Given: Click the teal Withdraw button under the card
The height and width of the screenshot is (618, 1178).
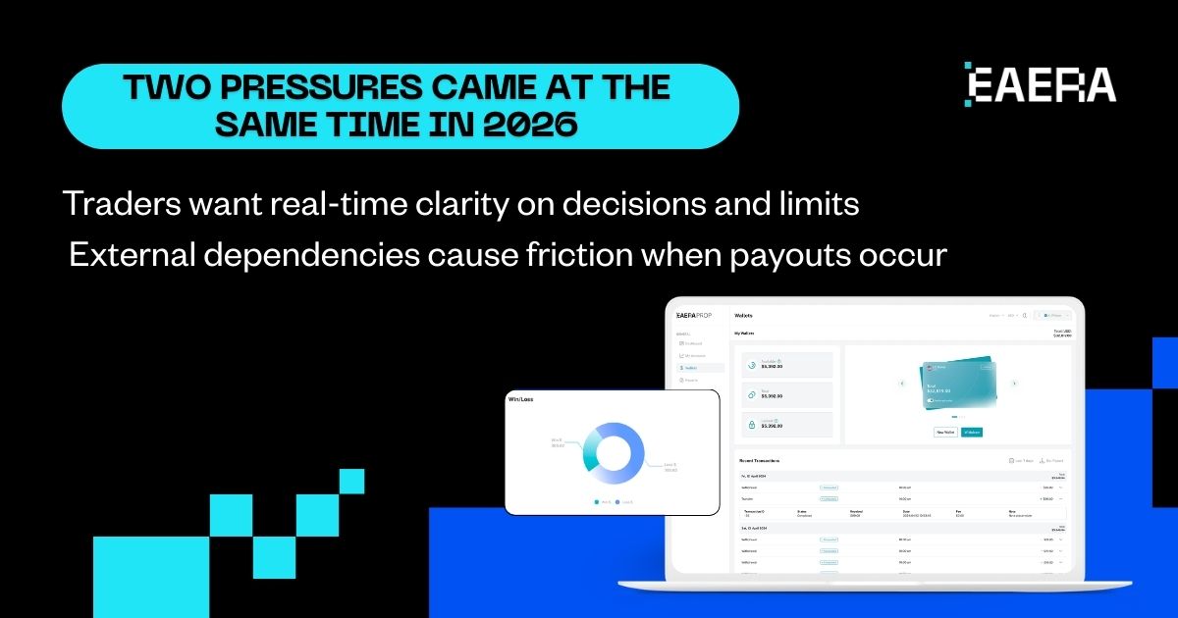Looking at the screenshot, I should [x=971, y=432].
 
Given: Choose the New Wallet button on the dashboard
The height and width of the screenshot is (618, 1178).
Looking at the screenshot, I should [x=944, y=432].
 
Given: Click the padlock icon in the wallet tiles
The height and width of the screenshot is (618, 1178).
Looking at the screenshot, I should [x=751, y=424].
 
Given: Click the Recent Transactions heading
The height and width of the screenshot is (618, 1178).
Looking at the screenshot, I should [x=760, y=460].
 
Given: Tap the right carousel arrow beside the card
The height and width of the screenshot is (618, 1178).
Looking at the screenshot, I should [x=1014, y=384].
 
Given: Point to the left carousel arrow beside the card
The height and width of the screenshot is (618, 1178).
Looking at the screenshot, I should [x=901, y=384].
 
